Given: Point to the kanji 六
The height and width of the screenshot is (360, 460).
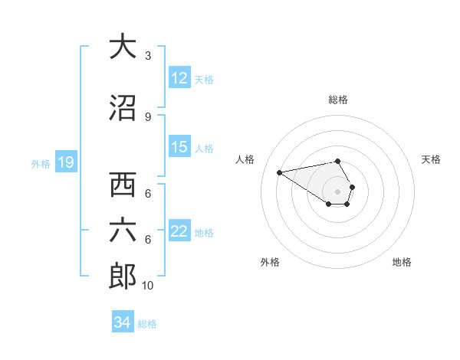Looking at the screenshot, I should tap(123, 231).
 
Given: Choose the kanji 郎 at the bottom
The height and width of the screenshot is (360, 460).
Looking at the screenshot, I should tap(123, 276).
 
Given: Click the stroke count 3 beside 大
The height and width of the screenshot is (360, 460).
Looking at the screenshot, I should tap(148, 56).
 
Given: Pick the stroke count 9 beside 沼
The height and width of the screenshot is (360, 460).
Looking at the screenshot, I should tap(148, 116).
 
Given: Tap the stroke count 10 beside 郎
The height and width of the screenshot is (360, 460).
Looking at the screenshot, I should tap(148, 286).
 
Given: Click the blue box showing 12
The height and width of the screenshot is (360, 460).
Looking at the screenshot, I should tap(179, 78).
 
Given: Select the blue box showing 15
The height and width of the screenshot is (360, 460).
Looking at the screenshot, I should tap(179, 147).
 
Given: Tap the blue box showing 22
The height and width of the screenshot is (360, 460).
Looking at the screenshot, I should tap(179, 231).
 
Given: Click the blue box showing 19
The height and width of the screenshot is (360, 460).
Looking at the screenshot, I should tap(65, 162).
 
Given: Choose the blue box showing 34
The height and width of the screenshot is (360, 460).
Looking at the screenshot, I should tap(123, 322).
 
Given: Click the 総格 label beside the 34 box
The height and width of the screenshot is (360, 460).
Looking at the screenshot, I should tap(148, 324).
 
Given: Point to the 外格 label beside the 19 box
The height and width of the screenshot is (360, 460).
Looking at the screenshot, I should tap(41, 163).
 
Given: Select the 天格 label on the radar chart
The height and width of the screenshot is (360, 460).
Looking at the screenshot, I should tap(432, 159).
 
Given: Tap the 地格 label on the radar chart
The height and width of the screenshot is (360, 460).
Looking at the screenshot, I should tap(402, 262).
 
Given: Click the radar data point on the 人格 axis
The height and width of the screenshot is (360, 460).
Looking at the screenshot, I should tap(280, 172).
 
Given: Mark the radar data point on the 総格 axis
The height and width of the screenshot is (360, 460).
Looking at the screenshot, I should tap(337, 161).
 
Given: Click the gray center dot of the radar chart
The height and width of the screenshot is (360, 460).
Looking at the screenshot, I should tap(337, 191).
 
